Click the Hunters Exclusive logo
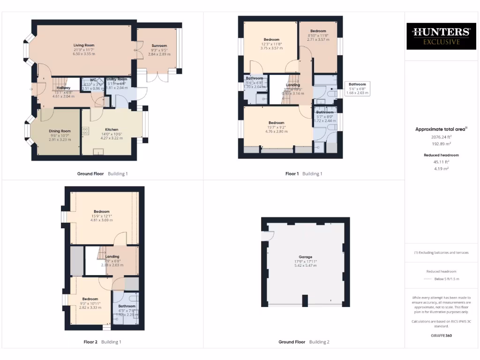click(x=441, y=36)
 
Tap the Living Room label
click(x=84, y=45)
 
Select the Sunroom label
click(x=159, y=46)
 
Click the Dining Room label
click(x=60, y=131)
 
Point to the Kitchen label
click(x=112, y=130)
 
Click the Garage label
click(x=306, y=257)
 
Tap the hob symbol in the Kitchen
click(x=85, y=132)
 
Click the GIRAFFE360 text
click(x=441, y=336)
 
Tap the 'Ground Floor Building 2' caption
click(x=304, y=342)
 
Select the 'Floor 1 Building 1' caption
click(x=304, y=174)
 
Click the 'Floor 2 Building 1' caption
click(x=102, y=342)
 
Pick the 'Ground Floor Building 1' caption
click(x=102, y=174)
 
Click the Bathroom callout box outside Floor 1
click(x=358, y=89)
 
